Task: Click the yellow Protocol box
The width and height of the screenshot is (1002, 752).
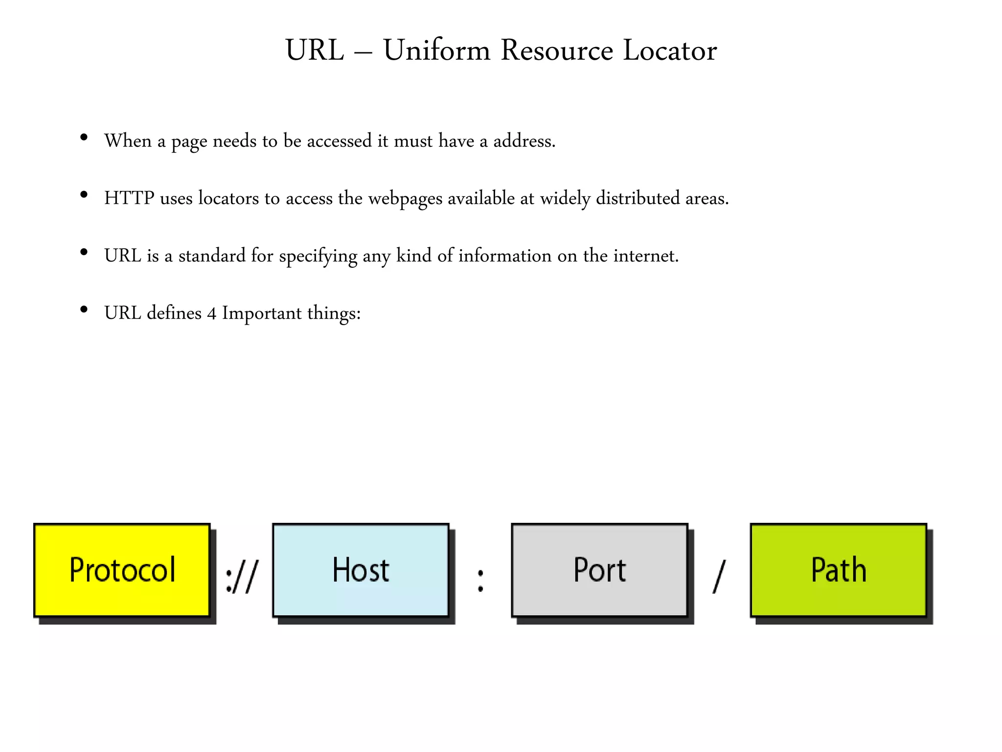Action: point(122,570)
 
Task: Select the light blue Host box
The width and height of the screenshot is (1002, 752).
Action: point(361,570)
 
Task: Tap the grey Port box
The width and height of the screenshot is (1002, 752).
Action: point(599,570)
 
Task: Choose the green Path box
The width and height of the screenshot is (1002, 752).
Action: point(838,570)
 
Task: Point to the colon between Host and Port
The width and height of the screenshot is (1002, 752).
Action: point(480,581)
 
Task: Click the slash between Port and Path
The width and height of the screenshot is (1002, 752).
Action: point(719,577)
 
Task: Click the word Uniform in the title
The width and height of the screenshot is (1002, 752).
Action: point(436,50)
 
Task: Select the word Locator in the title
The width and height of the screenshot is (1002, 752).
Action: point(670,50)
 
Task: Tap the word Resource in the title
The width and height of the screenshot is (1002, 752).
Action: point(557,50)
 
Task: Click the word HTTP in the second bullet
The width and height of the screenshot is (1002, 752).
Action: point(129,198)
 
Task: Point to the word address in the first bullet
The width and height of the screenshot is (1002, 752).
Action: point(524,141)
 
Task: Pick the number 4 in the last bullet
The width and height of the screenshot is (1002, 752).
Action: point(211,314)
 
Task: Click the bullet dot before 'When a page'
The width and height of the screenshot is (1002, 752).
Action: point(84,138)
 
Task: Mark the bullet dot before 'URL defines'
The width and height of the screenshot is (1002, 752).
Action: point(84,309)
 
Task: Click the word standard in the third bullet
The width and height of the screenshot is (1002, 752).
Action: point(212,256)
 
